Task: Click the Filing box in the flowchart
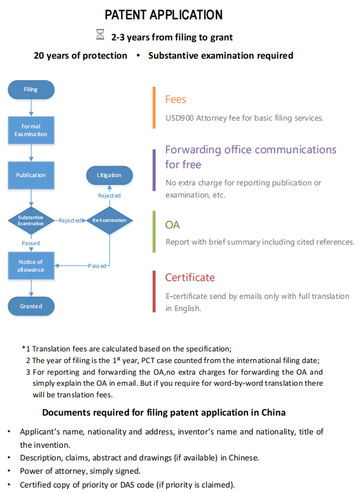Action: (31, 90)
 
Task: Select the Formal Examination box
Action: (31, 130)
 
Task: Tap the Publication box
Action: (31, 175)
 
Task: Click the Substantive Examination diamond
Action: (31, 220)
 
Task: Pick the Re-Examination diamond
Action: (109, 220)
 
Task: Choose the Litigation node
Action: (109, 175)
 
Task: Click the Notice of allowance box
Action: (31, 266)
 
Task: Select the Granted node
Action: (31, 306)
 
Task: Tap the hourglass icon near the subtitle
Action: (100, 34)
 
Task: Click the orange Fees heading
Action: (176, 100)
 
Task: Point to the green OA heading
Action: (172, 225)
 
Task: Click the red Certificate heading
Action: (190, 277)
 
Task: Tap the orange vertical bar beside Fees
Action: (154, 107)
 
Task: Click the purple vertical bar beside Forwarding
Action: (154, 170)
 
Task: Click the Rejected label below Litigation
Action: (109, 195)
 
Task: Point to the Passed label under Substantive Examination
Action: (31, 243)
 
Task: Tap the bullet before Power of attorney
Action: (9, 472)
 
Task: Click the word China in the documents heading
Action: (273, 412)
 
